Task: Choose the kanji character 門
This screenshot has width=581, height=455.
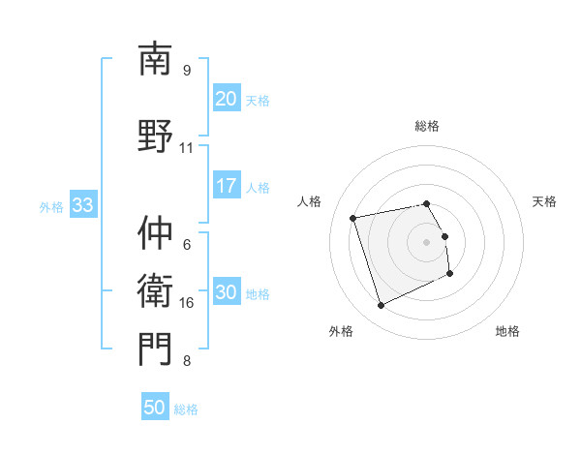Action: tap(155, 349)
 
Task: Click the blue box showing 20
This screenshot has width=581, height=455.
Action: tap(227, 99)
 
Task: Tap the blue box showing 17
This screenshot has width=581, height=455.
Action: tap(227, 187)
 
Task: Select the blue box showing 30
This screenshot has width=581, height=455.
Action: tap(227, 293)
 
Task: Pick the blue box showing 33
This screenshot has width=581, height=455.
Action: tap(82, 206)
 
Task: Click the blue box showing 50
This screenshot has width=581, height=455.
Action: tap(155, 408)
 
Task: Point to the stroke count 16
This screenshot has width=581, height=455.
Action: tap(187, 303)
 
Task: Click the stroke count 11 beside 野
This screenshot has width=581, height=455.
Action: tap(187, 148)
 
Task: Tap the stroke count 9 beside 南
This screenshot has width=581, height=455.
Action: tap(187, 70)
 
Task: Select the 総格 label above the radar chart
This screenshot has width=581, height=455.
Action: tap(427, 126)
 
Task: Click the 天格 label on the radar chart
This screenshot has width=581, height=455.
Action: tap(544, 201)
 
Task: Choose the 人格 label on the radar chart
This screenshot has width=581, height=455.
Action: tap(310, 201)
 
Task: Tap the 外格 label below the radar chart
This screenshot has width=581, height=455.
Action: tap(341, 331)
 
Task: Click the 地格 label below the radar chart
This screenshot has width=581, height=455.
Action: tap(507, 331)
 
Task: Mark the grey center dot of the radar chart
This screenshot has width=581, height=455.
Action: tap(427, 241)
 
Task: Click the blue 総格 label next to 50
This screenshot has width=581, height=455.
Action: tap(186, 409)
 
